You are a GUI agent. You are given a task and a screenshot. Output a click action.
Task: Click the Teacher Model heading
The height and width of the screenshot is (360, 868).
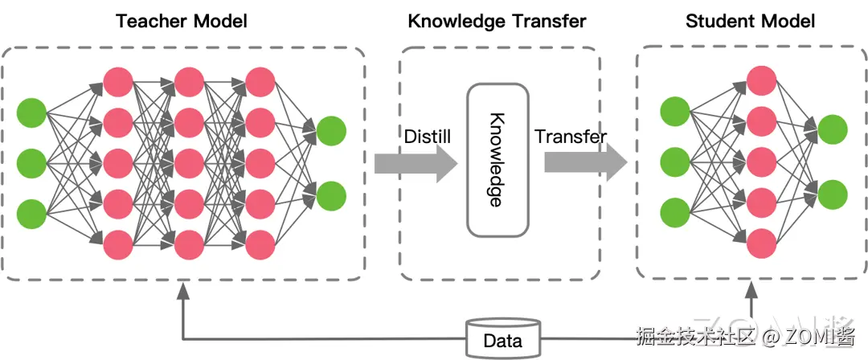coord(181,22)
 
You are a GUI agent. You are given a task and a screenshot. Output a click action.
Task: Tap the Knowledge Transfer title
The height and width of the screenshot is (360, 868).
coord(497,22)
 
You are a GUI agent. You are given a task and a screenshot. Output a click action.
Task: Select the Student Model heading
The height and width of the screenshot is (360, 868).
coord(750,22)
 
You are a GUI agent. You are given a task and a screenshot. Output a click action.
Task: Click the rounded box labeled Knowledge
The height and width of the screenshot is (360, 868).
coord(497,160)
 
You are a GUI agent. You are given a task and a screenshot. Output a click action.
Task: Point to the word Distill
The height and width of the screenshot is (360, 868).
coord(428,137)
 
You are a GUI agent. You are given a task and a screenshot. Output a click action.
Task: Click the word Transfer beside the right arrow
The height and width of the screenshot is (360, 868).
coord(570,137)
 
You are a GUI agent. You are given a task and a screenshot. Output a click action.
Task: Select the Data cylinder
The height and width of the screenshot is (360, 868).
coord(503,337)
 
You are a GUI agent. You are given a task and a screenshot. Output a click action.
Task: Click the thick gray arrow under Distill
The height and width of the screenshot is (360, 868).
coord(416,164)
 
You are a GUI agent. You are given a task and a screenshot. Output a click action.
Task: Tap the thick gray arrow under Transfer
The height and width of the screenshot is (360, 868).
coord(586,164)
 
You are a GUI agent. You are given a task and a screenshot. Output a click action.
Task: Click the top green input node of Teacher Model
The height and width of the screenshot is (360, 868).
coord(31,112)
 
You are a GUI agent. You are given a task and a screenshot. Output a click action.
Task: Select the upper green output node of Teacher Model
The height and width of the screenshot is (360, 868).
coord(332,131)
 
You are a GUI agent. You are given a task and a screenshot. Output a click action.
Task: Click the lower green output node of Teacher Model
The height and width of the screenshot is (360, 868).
coord(332,195)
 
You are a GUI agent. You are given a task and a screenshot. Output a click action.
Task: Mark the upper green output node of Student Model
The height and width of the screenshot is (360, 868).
coord(833,130)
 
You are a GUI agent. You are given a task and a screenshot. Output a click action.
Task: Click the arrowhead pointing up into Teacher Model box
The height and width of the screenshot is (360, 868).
coord(183,291)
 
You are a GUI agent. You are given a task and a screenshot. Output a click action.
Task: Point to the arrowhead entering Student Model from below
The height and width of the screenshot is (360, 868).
coord(751,289)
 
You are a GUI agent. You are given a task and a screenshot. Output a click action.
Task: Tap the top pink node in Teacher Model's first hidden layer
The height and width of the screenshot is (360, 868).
coord(118,82)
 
